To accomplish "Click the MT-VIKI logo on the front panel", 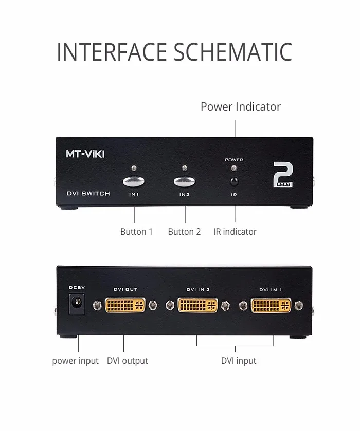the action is point(85,153).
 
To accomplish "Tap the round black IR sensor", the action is point(235,181).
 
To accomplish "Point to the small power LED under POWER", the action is point(234,168).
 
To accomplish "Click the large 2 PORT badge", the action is point(283,175).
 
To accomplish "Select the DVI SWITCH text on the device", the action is point(88,194).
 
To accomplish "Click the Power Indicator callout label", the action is point(240,107).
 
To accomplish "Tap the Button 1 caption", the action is point(136,232).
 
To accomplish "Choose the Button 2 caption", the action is point(184,232).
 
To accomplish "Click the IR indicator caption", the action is point(235,232).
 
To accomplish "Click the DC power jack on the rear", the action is point(77,305).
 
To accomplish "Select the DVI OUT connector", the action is point(125,305).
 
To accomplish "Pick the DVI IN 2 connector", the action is point(197,305).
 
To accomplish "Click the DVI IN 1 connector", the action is point(271,305).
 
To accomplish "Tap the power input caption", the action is point(75,361).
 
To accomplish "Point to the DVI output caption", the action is point(127,361).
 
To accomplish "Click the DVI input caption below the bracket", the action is point(239,361).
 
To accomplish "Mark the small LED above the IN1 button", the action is point(134,168).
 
